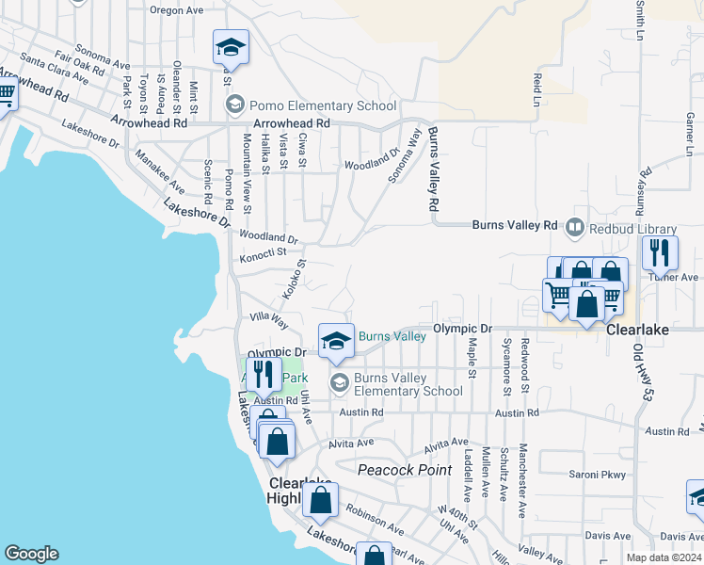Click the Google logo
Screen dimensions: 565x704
[x=31, y=554]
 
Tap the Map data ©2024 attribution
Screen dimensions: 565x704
[x=663, y=557]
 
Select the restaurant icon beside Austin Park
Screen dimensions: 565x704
[x=264, y=375]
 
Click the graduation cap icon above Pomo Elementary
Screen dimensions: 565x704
[x=231, y=47]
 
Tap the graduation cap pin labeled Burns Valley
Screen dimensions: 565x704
[x=336, y=341]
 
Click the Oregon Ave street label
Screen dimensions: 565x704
[x=176, y=10]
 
